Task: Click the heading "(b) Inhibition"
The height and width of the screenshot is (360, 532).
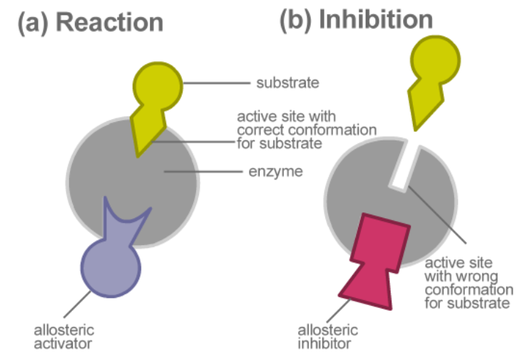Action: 356,19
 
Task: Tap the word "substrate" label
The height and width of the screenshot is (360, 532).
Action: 287,83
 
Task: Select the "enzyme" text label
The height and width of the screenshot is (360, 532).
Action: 280,172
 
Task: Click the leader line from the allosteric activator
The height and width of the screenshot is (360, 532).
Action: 76,302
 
